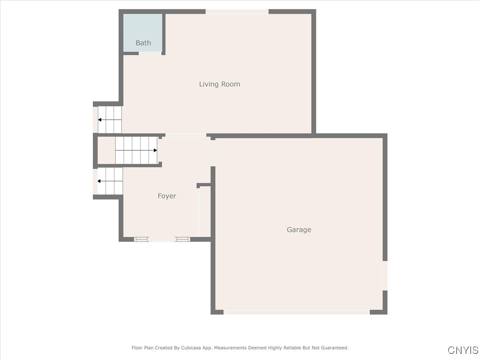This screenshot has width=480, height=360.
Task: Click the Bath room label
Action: click(143, 43)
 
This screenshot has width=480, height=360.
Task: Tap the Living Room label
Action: click(219, 84)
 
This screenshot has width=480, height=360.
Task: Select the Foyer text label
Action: click(167, 196)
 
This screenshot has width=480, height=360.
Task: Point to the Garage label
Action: click(299, 230)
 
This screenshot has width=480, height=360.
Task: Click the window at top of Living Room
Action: click(237, 12)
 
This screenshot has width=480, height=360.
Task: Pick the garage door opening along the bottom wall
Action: click(296, 312)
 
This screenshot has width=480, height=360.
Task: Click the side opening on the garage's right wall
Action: click(385, 276)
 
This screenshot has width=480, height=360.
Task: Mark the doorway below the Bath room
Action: click(150, 53)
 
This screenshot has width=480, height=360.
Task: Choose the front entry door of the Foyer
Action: click(162, 239)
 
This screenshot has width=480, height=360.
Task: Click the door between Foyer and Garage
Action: click(213, 152)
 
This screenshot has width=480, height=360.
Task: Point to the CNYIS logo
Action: click(463, 350)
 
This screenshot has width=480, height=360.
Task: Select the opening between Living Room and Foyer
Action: click(186, 135)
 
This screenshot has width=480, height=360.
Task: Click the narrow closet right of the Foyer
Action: click(205, 211)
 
